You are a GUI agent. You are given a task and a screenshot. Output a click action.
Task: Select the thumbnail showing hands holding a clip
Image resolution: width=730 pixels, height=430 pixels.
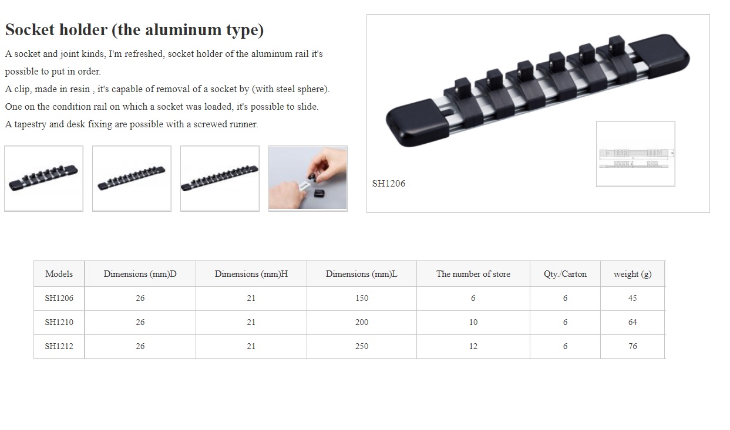(x=308, y=178)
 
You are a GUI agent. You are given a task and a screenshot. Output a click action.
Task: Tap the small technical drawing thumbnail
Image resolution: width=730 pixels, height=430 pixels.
(x=635, y=154)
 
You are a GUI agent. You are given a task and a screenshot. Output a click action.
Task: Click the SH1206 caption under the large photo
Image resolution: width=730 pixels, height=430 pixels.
(x=389, y=184)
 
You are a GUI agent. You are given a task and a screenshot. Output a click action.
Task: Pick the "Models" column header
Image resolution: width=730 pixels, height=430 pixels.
(x=59, y=274)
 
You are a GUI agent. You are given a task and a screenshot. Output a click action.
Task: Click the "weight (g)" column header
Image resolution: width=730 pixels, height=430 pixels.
(x=633, y=274)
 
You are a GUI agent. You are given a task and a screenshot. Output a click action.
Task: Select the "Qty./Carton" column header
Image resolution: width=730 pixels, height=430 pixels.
(x=565, y=274)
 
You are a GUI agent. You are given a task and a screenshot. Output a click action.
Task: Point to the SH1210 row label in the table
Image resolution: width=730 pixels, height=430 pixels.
(x=59, y=322)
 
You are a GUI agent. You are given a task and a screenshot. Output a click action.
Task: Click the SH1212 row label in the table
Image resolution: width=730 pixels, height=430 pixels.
(x=59, y=346)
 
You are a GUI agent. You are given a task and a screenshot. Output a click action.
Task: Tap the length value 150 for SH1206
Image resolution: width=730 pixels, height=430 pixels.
(x=362, y=298)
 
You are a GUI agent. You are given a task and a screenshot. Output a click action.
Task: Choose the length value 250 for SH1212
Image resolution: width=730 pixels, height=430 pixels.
(x=362, y=346)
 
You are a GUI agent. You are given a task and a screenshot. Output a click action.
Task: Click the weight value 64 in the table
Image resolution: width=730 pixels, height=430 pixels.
(x=633, y=322)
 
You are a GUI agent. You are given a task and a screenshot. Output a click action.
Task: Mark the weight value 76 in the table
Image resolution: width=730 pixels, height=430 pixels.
(x=633, y=346)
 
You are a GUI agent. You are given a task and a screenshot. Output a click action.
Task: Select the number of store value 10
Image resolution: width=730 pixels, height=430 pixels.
(x=473, y=322)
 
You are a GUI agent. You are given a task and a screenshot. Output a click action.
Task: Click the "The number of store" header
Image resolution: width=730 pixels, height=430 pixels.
(x=473, y=274)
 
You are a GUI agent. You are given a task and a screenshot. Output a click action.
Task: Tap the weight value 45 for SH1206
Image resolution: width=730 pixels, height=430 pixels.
(x=633, y=298)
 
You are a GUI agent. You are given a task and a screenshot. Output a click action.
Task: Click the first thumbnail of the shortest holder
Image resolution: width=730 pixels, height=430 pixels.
(x=43, y=178)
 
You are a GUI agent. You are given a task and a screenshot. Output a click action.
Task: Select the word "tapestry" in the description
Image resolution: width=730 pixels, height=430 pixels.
(x=31, y=124)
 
